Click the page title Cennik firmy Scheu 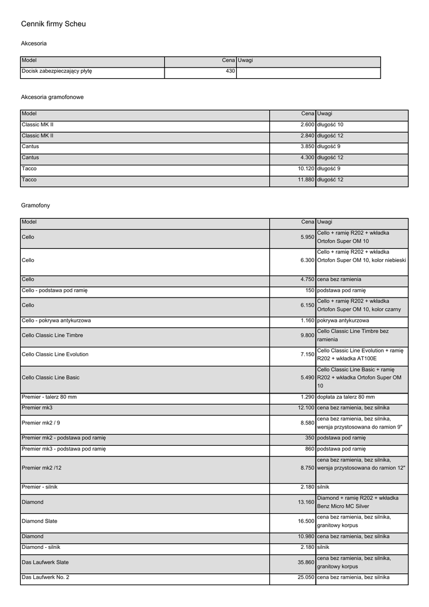tap(53, 24)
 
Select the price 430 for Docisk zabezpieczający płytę tap(230, 71)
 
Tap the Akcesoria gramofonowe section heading tap(52, 97)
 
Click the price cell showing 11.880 tap(306, 180)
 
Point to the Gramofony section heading tap(36, 205)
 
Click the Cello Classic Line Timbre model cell tap(52, 336)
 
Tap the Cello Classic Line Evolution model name tap(55, 354)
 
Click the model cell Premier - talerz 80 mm tap(49, 397)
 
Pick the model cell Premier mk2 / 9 tap(41, 423)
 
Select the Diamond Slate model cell tap(39, 522)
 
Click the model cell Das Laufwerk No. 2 tap(46, 577)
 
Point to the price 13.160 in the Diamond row tap(306, 502)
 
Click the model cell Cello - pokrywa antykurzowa tap(56, 321)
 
